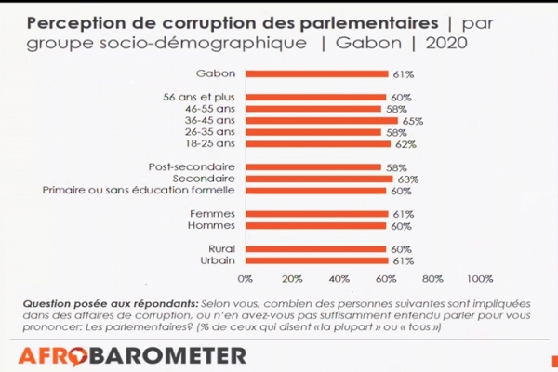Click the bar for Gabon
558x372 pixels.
point(317,73)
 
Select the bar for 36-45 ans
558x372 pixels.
point(322,121)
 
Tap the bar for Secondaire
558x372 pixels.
point(319,179)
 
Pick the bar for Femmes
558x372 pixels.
point(317,214)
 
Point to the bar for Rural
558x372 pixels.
point(316,249)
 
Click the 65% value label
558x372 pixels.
point(410,121)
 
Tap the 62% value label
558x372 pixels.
point(404,144)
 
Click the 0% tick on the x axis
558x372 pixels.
point(246,278)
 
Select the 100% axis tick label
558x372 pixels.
point(480,278)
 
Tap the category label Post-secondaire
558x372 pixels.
point(193,166)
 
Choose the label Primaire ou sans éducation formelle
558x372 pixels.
point(139,191)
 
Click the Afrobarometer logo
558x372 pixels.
point(133,354)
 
